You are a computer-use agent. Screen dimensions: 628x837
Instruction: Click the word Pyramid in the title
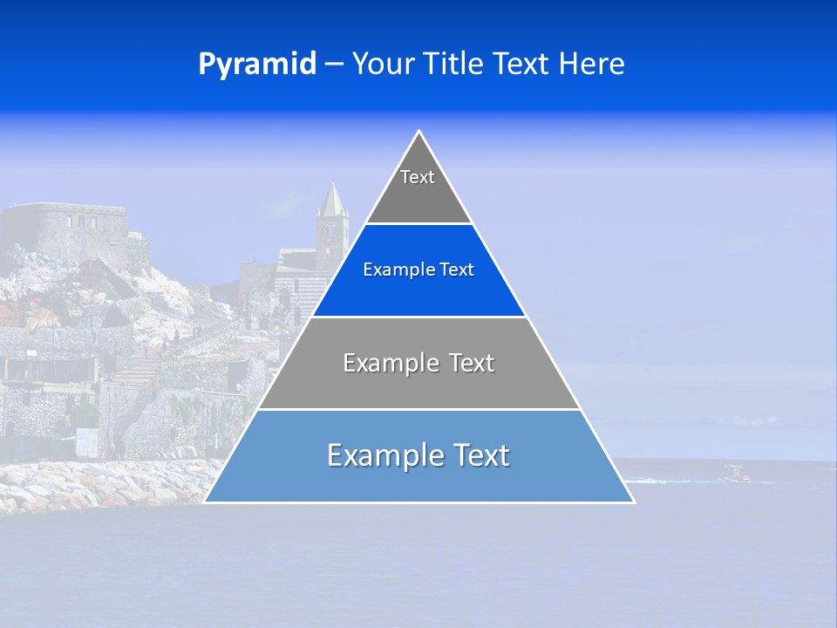click(256, 65)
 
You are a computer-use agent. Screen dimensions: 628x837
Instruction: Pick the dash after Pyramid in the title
click(333, 65)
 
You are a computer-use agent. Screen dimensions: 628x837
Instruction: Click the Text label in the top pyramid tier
click(418, 178)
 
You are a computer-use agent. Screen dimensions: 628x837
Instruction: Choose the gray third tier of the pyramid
click(418, 384)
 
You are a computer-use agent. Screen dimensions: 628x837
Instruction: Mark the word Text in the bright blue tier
click(457, 270)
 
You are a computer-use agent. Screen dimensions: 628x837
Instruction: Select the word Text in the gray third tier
click(472, 363)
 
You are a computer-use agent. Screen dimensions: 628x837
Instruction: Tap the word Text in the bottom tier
click(481, 455)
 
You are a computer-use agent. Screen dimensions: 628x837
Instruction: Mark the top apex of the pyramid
click(418, 133)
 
